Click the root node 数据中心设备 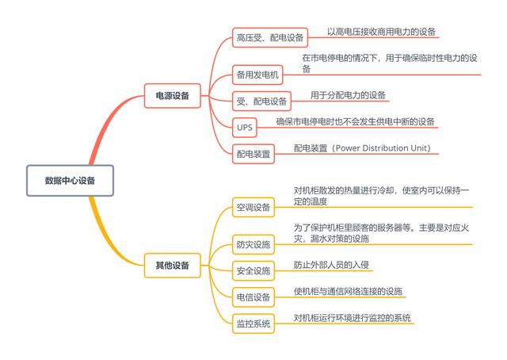70,180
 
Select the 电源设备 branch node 173,95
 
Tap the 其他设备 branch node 173,266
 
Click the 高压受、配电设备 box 270,37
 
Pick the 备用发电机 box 257,75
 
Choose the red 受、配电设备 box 261,101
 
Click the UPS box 245,128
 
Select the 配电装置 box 253,154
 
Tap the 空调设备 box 253,207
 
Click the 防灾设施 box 253,244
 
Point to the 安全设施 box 253,270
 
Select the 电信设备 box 253,297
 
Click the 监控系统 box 253,324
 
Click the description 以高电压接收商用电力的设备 381,32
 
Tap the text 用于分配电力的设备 348,95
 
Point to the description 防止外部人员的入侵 331,265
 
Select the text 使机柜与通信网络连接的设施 348,291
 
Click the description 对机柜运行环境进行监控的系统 352,318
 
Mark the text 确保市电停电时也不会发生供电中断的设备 355,122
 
